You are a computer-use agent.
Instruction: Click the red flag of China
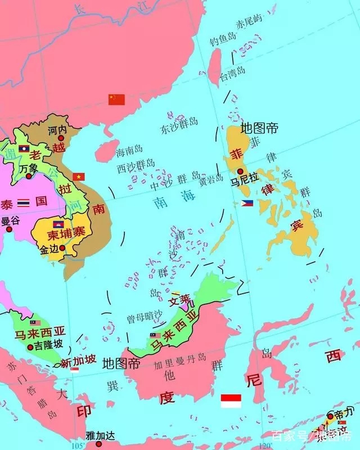pos(116,100)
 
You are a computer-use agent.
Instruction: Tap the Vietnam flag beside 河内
pos(78,176)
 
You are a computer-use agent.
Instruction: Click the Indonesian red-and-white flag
pos(231,400)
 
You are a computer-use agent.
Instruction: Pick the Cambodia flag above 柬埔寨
pos(57,224)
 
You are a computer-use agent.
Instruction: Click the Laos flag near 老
pos(24,148)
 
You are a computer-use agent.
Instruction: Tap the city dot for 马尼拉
pos(241,172)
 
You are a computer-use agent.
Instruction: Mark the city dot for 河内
pos(61,137)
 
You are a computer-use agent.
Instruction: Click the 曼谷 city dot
pos(8,229)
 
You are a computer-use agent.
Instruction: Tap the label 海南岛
pos(129,151)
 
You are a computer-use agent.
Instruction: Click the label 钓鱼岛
pos(222,41)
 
